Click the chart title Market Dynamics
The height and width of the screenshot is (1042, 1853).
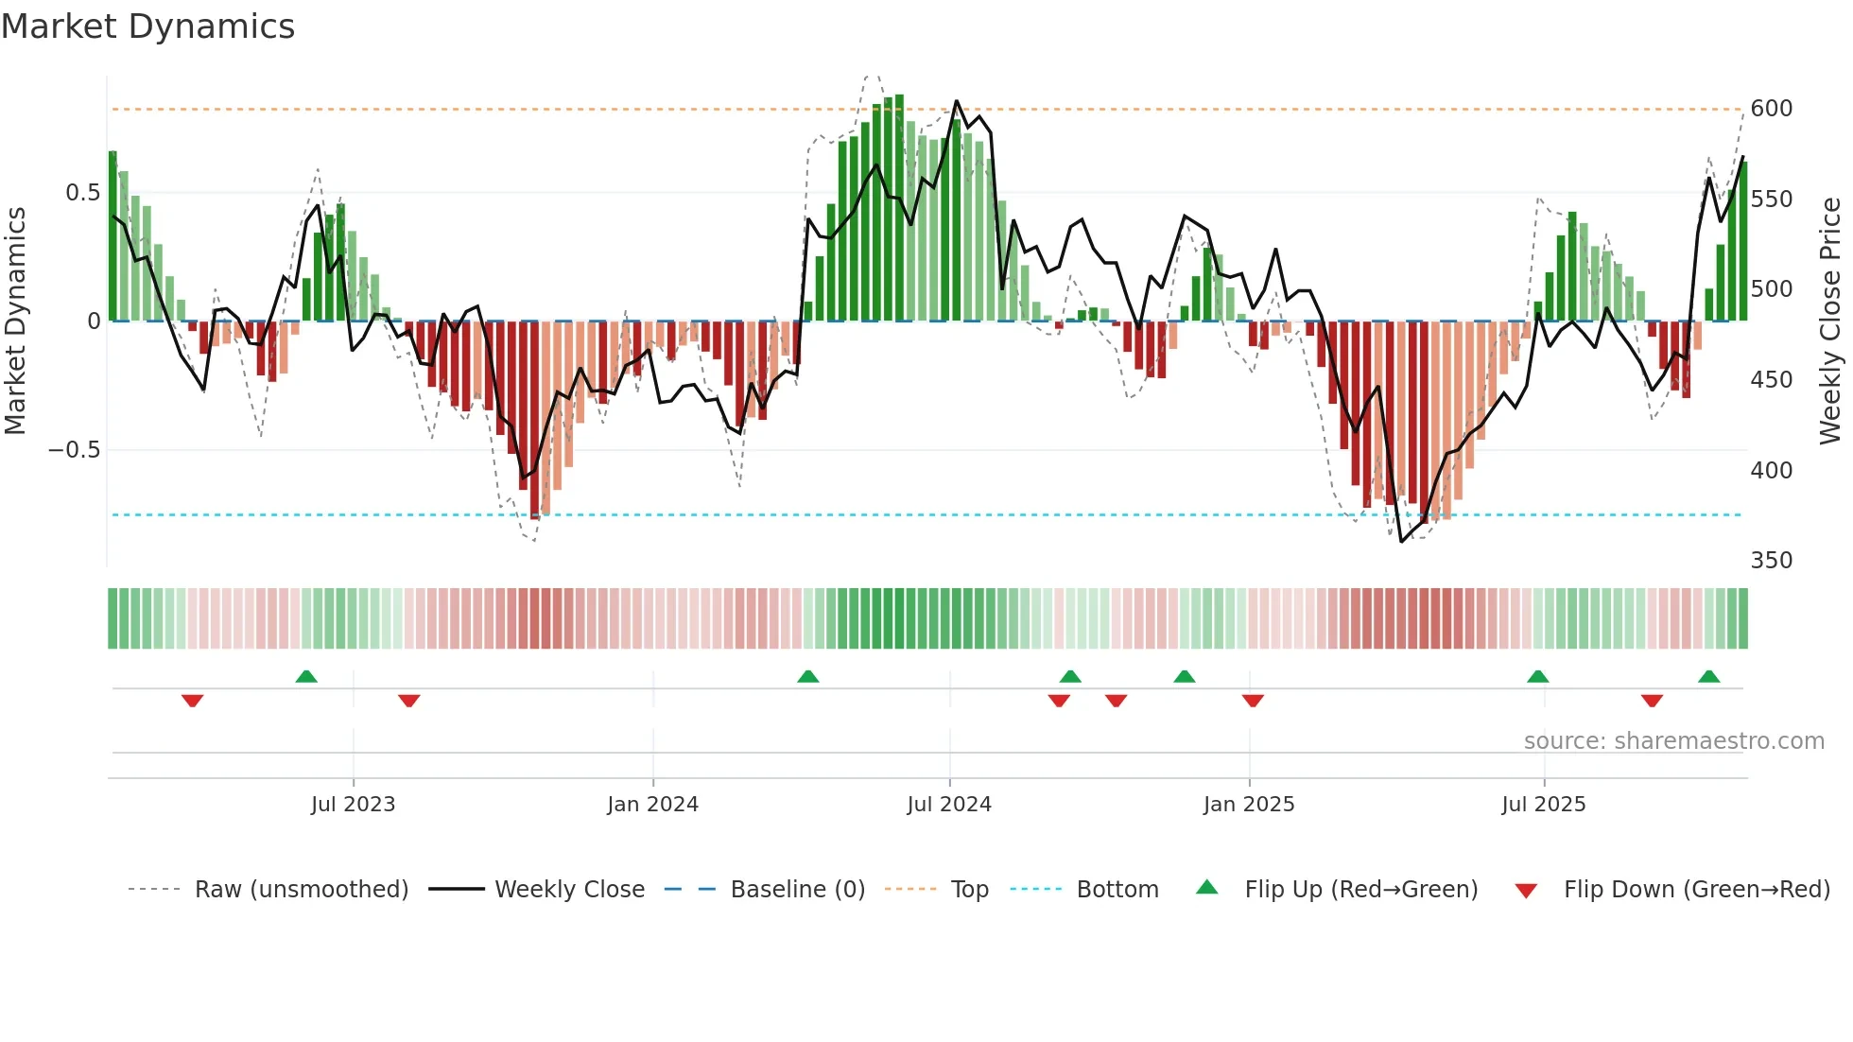pyautogui.click(x=147, y=26)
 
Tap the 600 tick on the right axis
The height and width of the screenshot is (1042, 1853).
pyautogui.click(x=1771, y=109)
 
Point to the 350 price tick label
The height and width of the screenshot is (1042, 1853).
pyautogui.click(x=1771, y=561)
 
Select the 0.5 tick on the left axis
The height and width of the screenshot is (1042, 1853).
pyautogui.click(x=82, y=193)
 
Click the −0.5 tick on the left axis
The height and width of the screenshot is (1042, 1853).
pyautogui.click(x=74, y=450)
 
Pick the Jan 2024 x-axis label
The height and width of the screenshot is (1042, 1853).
pyautogui.click(x=652, y=805)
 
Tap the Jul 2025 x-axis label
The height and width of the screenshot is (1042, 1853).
pyautogui.click(x=1543, y=805)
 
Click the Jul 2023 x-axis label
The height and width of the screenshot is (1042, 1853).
pyautogui.click(x=353, y=805)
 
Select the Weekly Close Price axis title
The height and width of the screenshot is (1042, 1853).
pyautogui.click(x=1830, y=321)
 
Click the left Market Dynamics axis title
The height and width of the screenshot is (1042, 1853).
pyautogui.click(x=16, y=321)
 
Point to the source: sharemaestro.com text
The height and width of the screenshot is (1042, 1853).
pyautogui.click(x=1673, y=741)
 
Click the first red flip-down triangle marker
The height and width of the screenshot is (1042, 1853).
pyautogui.click(x=192, y=701)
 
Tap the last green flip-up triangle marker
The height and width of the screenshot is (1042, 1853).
pyautogui.click(x=1708, y=676)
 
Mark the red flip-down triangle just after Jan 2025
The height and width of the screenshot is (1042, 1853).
pyautogui.click(x=1253, y=701)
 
